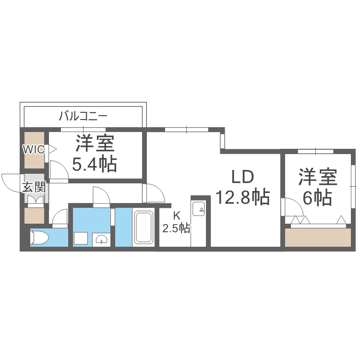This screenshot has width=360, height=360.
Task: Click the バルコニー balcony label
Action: coord(83,116)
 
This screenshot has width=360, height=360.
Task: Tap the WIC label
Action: coord(33,149)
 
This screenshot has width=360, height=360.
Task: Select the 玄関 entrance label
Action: coord(34,187)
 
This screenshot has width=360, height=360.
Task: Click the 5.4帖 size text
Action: coord(94,165)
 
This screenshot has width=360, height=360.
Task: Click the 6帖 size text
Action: coord(317,197)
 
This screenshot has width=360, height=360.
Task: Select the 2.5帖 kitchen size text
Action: coord(176,228)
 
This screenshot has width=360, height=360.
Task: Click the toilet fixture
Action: coord(38,238)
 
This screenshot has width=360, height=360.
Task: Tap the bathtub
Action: coord(143,227)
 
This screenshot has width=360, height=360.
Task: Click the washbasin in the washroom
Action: coord(101,239)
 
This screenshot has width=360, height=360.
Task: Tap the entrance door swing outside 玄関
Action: coord(11,181)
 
